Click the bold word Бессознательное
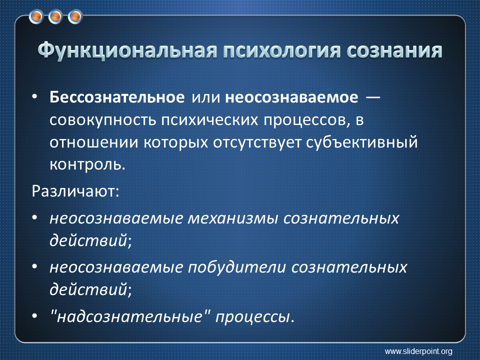pos(117,97)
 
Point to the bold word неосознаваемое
pos(291,98)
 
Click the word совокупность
pos(103,120)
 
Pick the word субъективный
pos(362,142)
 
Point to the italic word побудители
pos(236,267)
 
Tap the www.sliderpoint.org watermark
pos(418,351)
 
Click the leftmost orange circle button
pos(36,17)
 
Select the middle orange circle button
pos(55,17)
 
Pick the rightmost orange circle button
pos(75,17)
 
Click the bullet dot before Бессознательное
pos(34,96)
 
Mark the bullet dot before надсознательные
pos(34,315)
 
